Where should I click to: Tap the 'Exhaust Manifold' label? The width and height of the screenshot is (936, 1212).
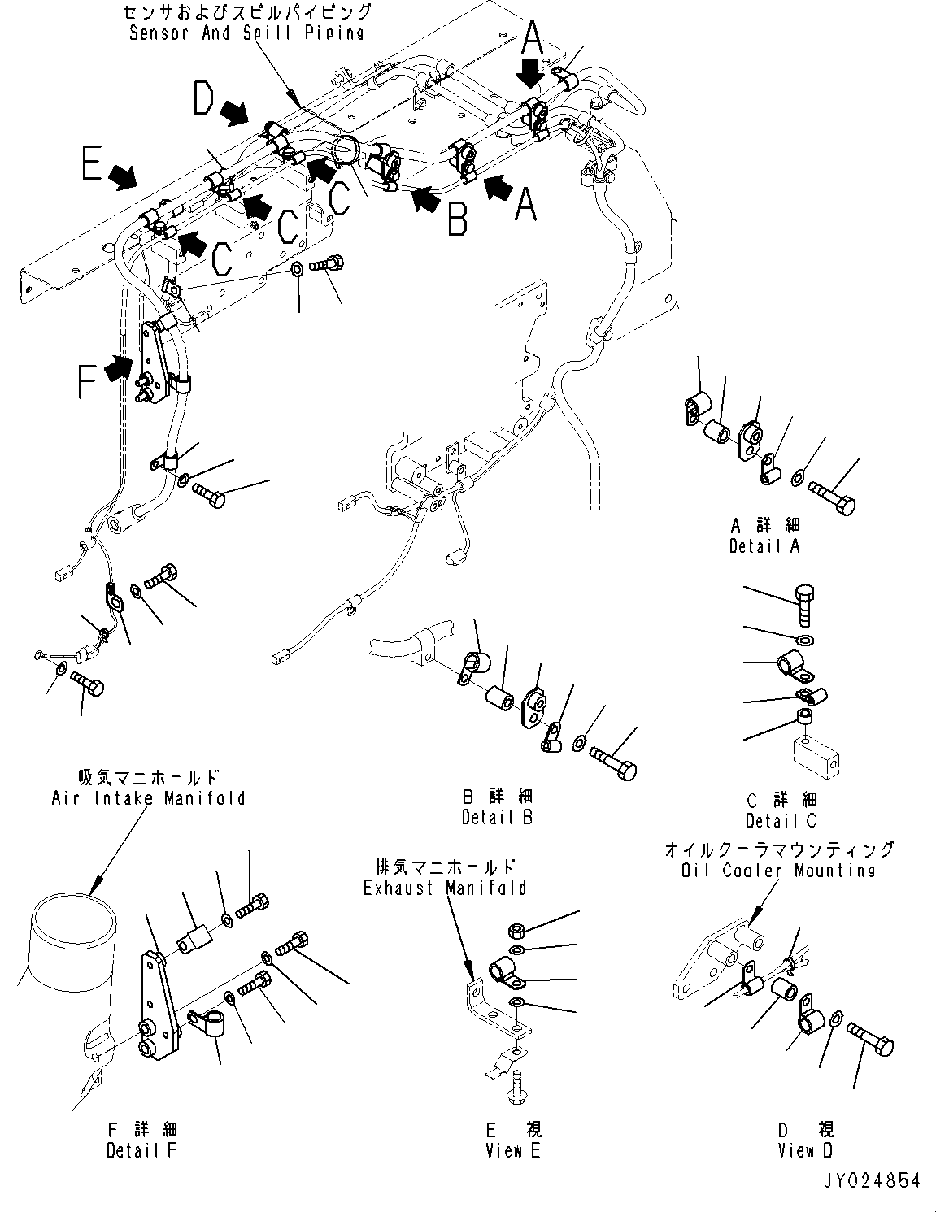point(445,888)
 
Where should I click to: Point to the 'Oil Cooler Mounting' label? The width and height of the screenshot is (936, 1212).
point(780,870)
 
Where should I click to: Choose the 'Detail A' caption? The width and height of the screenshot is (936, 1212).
point(764,545)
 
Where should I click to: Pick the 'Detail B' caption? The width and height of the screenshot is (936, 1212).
point(497,817)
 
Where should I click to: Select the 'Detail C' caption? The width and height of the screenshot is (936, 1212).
point(781,820)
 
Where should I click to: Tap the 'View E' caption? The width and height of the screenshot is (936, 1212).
point(513,1150)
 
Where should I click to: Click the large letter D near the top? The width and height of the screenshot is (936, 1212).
point(204,100)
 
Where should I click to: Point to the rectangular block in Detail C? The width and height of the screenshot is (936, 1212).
point(816,757)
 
